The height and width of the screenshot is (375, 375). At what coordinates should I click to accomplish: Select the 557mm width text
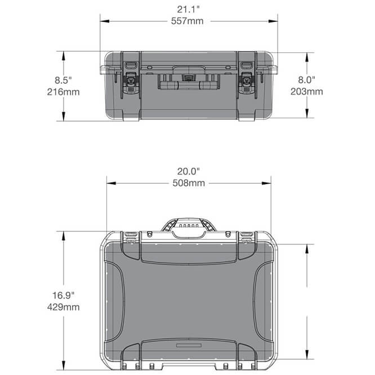(x=188, y=21)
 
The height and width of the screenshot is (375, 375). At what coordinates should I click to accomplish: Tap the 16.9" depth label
(x=64, y=294)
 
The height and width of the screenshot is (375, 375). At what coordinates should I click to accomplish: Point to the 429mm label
(x=64, y=307)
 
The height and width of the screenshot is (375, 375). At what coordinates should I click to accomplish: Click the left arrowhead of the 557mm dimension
(x=104, y=21)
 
